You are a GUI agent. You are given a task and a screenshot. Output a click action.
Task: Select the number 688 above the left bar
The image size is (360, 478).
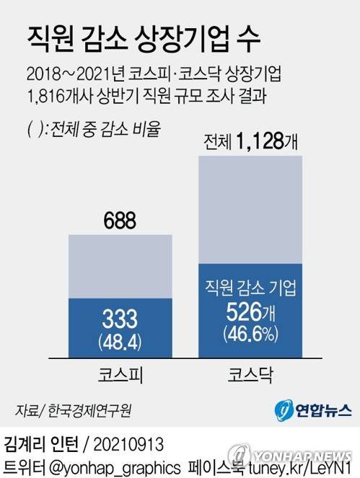click(x=120, y=220)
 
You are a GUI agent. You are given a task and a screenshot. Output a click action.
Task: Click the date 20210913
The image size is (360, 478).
click(x=129, y=441)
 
